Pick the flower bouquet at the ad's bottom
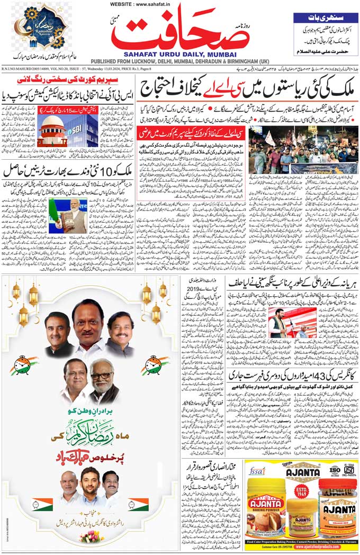[x=92, y=536]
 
